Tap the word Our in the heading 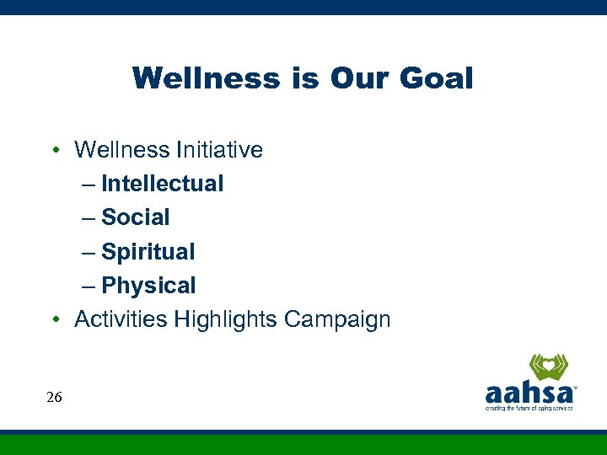pos(360,78)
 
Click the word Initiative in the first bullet pos(219,150)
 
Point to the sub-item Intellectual pos(162,184)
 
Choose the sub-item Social pos(135,217)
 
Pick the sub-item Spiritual pos(148,252)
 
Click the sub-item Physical pos(148,286)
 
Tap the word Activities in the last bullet pos(121,319)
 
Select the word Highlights pos(226,319)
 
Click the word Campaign pos(337,319)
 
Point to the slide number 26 pos(54,397)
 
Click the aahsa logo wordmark pos(529,393)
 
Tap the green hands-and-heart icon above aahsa pos(548,367)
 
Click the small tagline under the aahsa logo pos(529,408)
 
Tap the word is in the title pos(304,78)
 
